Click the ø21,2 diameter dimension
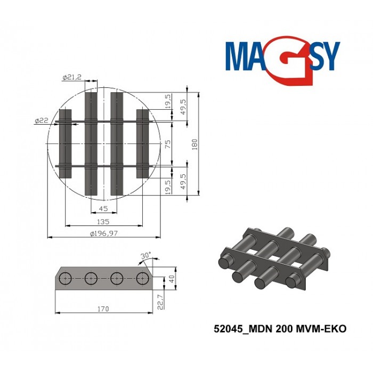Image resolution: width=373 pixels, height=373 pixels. tap(71, 78)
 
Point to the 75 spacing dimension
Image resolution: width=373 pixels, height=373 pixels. tap(168, 144)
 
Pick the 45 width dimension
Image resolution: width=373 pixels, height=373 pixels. tap(104, 209)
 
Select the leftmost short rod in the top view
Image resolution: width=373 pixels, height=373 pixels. tap(65, 144)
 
